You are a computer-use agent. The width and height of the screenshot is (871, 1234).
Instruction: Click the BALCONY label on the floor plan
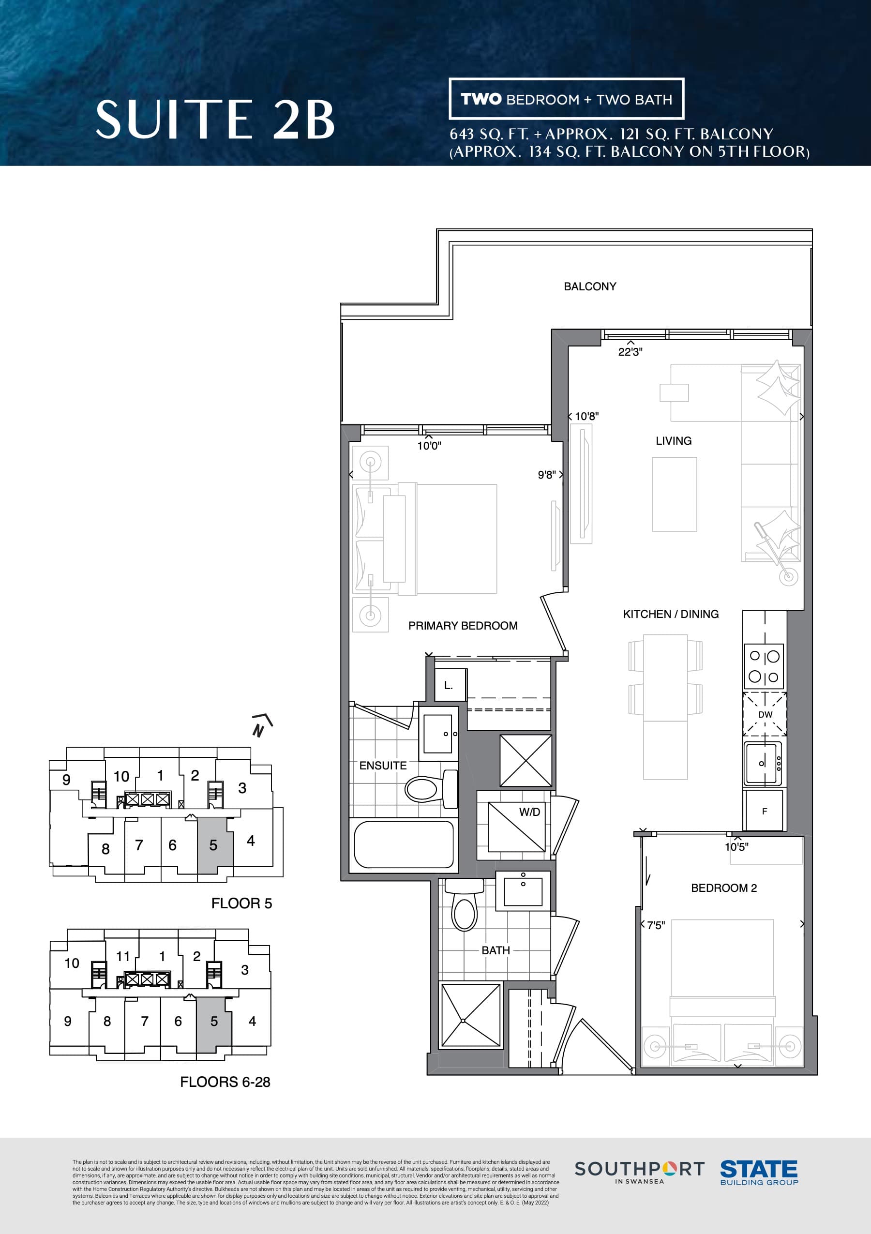589,286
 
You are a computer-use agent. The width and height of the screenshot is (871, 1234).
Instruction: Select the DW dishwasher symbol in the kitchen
765,714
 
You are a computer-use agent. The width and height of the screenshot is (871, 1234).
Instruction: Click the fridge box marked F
764,811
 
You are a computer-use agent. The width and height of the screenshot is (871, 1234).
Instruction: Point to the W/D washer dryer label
529,812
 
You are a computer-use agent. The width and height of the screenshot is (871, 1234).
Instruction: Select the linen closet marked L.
449,685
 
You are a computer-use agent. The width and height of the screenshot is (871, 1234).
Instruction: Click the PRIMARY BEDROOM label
463,626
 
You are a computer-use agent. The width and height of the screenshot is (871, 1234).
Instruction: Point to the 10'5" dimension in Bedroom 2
736,847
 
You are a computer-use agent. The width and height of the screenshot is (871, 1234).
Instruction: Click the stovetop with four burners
764,666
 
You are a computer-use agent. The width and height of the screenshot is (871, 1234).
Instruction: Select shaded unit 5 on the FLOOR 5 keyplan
214,845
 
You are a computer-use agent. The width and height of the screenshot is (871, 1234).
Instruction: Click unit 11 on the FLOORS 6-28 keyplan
122,957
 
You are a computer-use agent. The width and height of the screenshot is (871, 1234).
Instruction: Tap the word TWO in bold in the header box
481,99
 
